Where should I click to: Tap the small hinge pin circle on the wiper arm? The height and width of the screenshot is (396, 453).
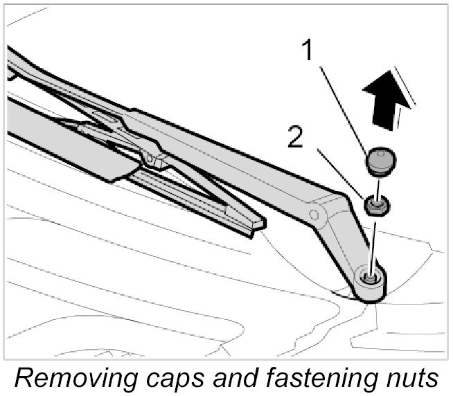point(315,215)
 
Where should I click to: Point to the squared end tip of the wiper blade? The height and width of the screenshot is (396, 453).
point(256,225)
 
